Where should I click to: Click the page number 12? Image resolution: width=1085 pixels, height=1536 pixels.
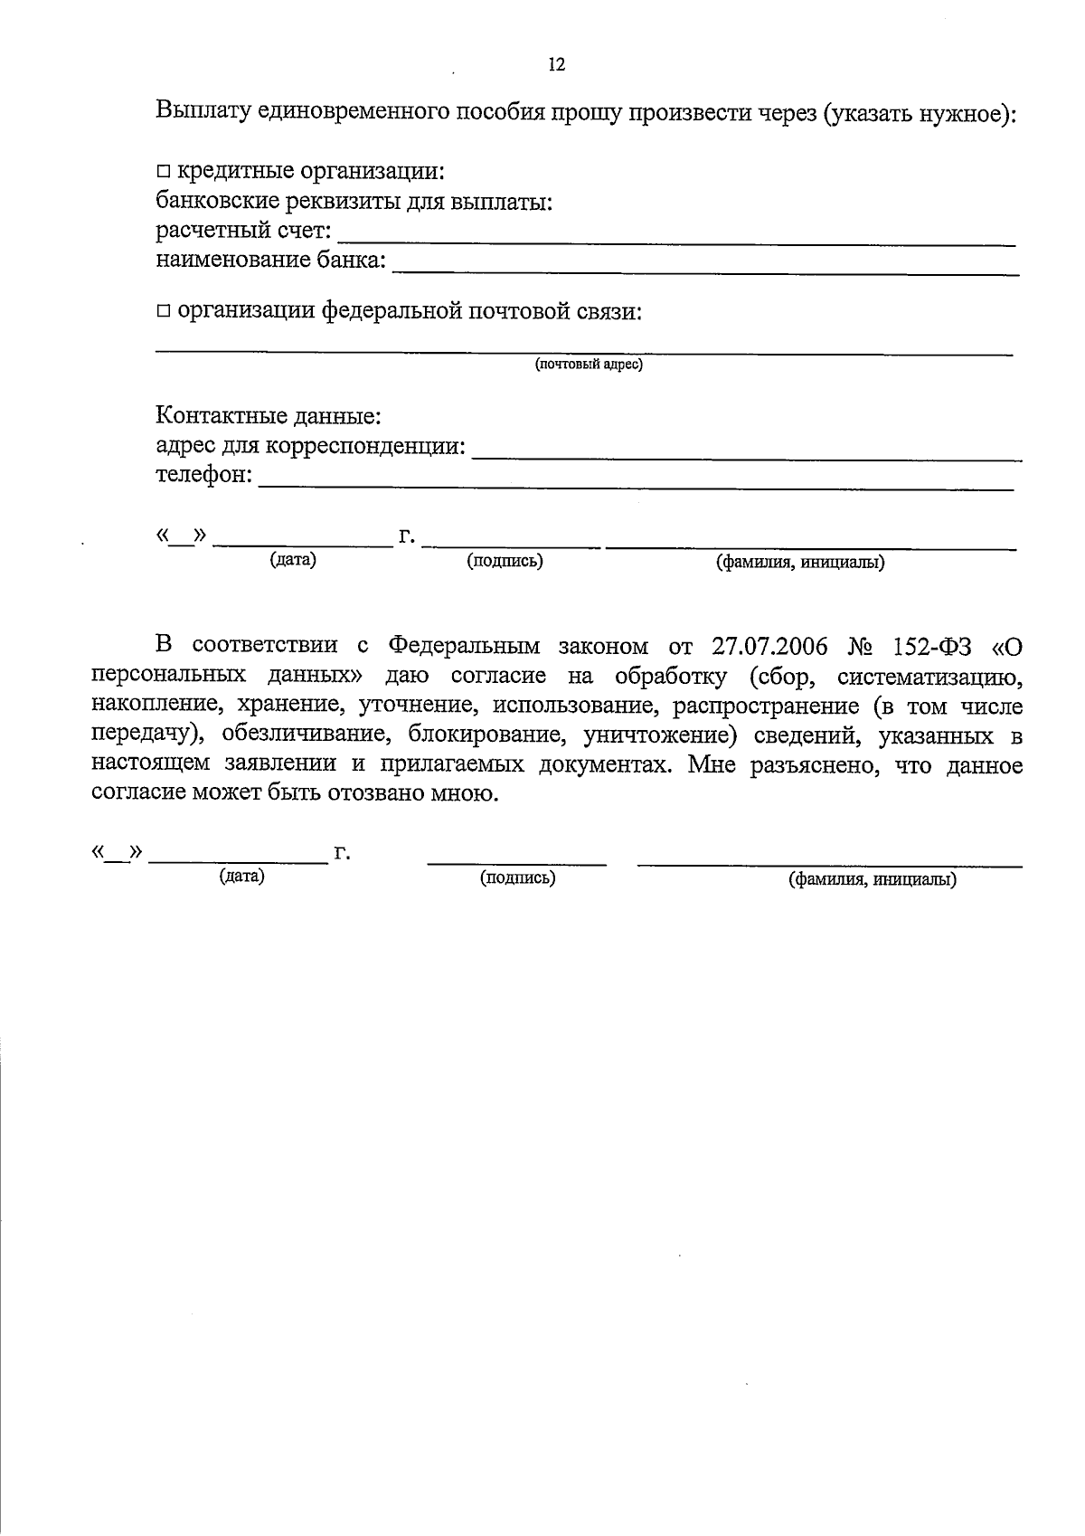556,64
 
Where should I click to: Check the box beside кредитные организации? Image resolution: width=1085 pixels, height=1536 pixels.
163,171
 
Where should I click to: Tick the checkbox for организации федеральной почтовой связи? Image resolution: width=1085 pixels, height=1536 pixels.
163,311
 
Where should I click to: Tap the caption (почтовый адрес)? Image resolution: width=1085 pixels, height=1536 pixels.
589,365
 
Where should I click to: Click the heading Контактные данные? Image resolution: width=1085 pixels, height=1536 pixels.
269,416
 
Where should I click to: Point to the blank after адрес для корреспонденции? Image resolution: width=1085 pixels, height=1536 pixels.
747,457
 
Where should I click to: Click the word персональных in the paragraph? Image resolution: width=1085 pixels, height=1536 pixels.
168,676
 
